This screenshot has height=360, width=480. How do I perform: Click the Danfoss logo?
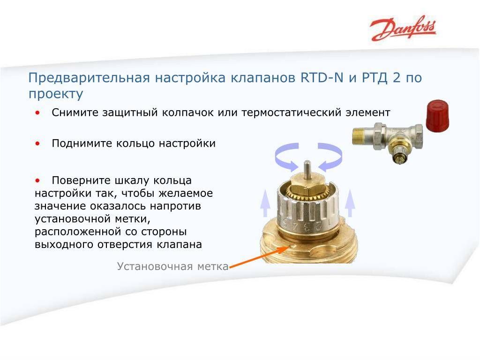coord(403,29)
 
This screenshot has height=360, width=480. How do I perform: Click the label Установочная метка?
coord(172,266)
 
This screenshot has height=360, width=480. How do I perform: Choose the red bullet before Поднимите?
coord(37,143)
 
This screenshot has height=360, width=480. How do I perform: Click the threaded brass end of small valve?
coord(359,136)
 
